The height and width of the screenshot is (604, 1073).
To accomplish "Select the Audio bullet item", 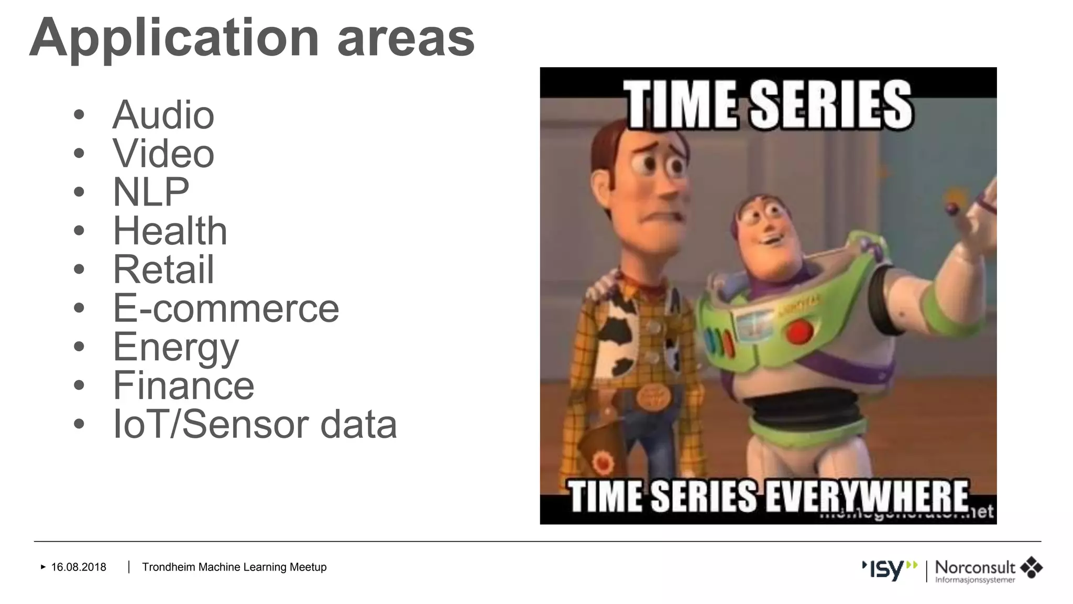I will pos(163,115).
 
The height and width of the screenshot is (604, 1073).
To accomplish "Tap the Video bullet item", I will pos(163,154).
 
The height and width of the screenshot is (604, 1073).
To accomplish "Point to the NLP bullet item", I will pos(151,192).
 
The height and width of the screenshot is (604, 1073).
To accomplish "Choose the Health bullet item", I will pos(170,231).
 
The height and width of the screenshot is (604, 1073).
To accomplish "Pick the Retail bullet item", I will pos(163,269).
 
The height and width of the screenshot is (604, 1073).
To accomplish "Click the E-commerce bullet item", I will pos(226,308).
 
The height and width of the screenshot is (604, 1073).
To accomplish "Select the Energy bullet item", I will pos(176,347).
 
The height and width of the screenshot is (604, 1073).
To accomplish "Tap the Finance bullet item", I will pos(183,385).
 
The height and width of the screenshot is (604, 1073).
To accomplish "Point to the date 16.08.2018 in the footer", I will pos(79,567).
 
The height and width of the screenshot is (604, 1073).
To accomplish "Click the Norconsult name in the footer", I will pos(975,567).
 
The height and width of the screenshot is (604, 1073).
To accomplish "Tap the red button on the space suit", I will pos(798,332).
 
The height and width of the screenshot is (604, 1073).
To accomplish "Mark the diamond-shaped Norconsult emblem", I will pos(1031,567).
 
